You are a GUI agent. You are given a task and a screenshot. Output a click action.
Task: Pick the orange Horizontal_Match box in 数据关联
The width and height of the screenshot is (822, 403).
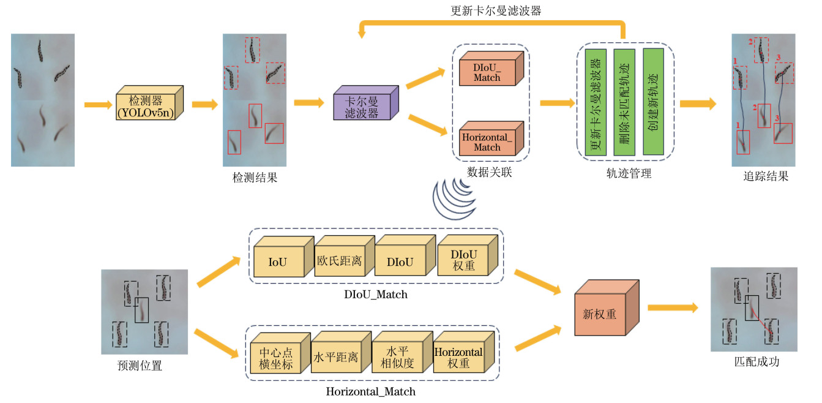(487, 141)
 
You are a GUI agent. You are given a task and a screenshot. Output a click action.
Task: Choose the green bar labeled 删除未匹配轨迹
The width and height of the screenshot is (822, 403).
(624, 102)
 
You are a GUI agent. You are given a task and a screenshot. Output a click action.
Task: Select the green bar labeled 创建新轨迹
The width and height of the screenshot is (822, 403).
(653, 102)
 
